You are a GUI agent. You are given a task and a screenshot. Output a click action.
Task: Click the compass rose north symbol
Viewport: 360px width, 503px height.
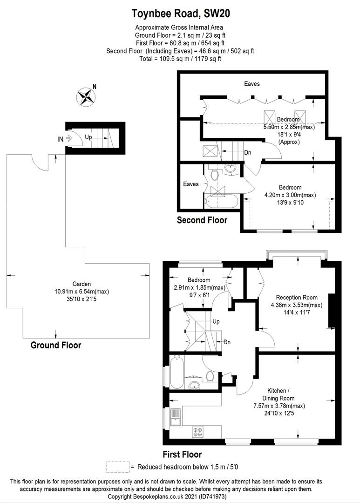click(x=86, y=97)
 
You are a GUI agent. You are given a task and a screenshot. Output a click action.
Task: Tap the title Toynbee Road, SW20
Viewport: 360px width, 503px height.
click(x=181, y=14)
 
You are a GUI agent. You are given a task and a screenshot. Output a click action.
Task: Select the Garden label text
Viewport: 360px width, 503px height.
click(x=82, y=284)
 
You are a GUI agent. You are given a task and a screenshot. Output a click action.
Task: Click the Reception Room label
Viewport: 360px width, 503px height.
click(x=297, y=297)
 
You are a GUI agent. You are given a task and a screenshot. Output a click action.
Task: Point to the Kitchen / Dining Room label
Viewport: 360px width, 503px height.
click(x=278, y=394)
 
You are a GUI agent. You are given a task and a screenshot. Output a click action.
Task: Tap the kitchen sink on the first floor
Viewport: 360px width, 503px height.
click(x=176, y=417)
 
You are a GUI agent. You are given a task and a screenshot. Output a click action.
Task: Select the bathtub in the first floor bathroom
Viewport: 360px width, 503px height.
click(x=177, y=372)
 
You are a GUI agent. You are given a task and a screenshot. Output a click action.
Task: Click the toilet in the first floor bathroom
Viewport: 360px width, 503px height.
click(x=210, y=376)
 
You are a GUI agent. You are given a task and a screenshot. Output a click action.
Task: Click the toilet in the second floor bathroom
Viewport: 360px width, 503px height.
click(x=214, y=175)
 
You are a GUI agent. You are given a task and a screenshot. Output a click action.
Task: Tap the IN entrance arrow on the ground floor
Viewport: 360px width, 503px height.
click(x=68, y=139)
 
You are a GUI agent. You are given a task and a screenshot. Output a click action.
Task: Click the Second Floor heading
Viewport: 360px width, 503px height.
click(x=202, y=220)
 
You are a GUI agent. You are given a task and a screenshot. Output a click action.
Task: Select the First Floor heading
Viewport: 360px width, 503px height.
click(x=182, y=455)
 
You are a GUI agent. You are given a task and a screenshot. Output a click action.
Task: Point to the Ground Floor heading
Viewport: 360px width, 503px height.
click(x=56, y=345)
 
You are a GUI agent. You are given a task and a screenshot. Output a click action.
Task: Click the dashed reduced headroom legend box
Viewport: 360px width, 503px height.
click(x=118, y=467)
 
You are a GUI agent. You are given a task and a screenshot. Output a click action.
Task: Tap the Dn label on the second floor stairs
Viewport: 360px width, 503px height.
click(x=248, y=153)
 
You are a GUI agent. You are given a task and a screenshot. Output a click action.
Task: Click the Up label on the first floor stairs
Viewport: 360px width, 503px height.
click(x=216, y=321)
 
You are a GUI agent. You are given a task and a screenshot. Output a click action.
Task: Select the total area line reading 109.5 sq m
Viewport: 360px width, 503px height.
click(x=180, y=59)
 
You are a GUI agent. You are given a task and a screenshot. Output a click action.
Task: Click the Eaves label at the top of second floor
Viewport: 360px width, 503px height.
click(x=252, y=84)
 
